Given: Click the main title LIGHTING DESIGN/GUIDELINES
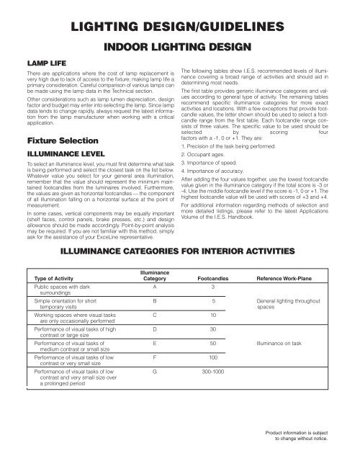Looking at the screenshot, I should click(x=179, y=27).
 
